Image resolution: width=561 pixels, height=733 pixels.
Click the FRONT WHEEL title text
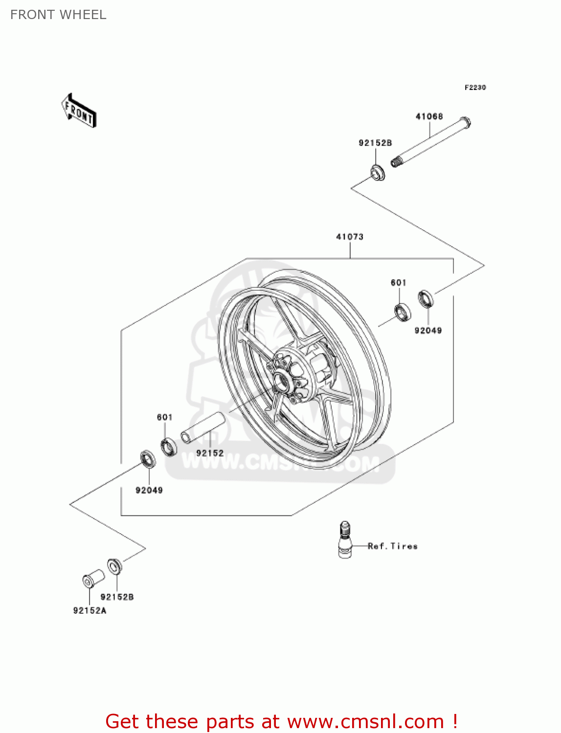click(58, 15)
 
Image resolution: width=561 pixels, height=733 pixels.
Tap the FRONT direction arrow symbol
click(79, 111)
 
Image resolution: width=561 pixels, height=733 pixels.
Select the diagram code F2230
click(475, 87)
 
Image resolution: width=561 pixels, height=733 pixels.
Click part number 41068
click(429, 116)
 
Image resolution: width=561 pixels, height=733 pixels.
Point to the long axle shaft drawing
click(430, 142)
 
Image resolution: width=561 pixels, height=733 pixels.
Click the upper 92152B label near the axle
click(375, 143)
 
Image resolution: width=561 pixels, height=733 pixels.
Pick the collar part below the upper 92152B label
click(377, 172)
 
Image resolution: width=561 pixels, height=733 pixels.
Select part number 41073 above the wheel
click(350, 237)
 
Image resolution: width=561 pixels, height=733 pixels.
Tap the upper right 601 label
click(398, 282)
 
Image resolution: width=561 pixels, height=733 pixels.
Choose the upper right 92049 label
click(428, 330)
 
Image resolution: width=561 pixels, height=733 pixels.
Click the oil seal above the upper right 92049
click(426, 298)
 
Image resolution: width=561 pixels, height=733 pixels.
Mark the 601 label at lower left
click(164, 417)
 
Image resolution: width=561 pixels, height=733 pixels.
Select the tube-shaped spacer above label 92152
click(203, 428)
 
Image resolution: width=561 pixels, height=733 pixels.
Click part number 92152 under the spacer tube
click(210, 453)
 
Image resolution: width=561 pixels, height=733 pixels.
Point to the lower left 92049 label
click(149, 490)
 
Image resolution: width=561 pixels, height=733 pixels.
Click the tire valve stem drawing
click(345, 539)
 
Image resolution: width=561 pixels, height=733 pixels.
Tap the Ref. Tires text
click(393, 546)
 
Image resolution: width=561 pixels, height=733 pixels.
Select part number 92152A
click(90, 610)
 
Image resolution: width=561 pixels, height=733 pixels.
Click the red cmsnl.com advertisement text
click(281, 721)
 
